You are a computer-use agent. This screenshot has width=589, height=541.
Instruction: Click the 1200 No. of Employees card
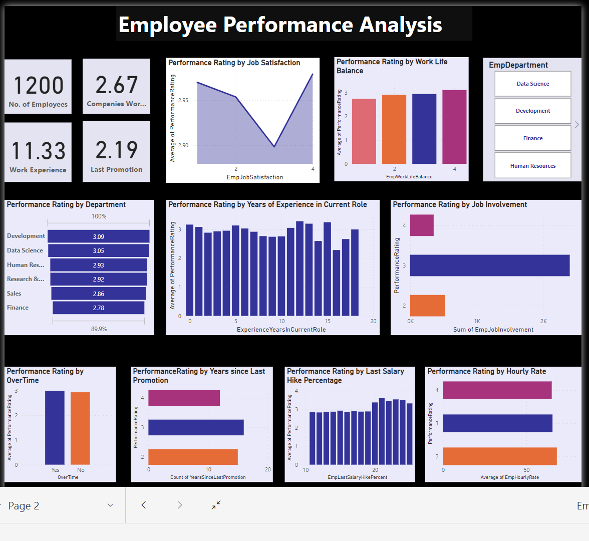[x=38, y=86]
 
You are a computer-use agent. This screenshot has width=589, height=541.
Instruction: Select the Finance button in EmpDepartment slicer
[x=532, y=138]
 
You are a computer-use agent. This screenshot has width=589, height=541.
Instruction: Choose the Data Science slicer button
[x=532, y=84]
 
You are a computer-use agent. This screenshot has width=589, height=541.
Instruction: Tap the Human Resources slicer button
[x=532, y=166]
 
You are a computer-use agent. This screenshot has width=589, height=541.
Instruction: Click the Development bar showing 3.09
[x=99, y=236]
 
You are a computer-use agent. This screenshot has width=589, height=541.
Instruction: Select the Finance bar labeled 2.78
[x=99, y=308]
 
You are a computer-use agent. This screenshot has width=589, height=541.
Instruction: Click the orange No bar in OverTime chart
[x=80, y=428]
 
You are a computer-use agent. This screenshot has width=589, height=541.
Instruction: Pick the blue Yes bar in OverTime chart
[x=55, y=427]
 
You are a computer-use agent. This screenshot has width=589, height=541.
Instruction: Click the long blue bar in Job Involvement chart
[x=489, y=265]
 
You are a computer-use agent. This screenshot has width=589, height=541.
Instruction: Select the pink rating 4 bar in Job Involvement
[x=422, y=225]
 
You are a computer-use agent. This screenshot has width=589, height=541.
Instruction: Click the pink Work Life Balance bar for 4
[x=454, y=127]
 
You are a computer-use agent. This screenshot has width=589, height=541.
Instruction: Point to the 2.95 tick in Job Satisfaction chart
[x=183, y=100]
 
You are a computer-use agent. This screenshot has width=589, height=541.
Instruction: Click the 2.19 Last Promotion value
[x=117, y=150]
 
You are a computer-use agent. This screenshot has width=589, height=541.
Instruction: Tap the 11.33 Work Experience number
[x=38, y=151]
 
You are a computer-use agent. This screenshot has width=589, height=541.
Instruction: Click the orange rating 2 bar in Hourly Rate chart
[x=499, y=456]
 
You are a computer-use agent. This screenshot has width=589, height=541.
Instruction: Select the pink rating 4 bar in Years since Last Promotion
[x=184, y=398]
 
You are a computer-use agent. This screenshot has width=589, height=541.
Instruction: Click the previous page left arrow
[x=144, y=505]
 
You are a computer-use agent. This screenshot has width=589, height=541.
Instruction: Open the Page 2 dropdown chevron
[x=111, y=505]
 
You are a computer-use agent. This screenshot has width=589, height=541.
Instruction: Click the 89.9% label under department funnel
[x=99, y=329]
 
